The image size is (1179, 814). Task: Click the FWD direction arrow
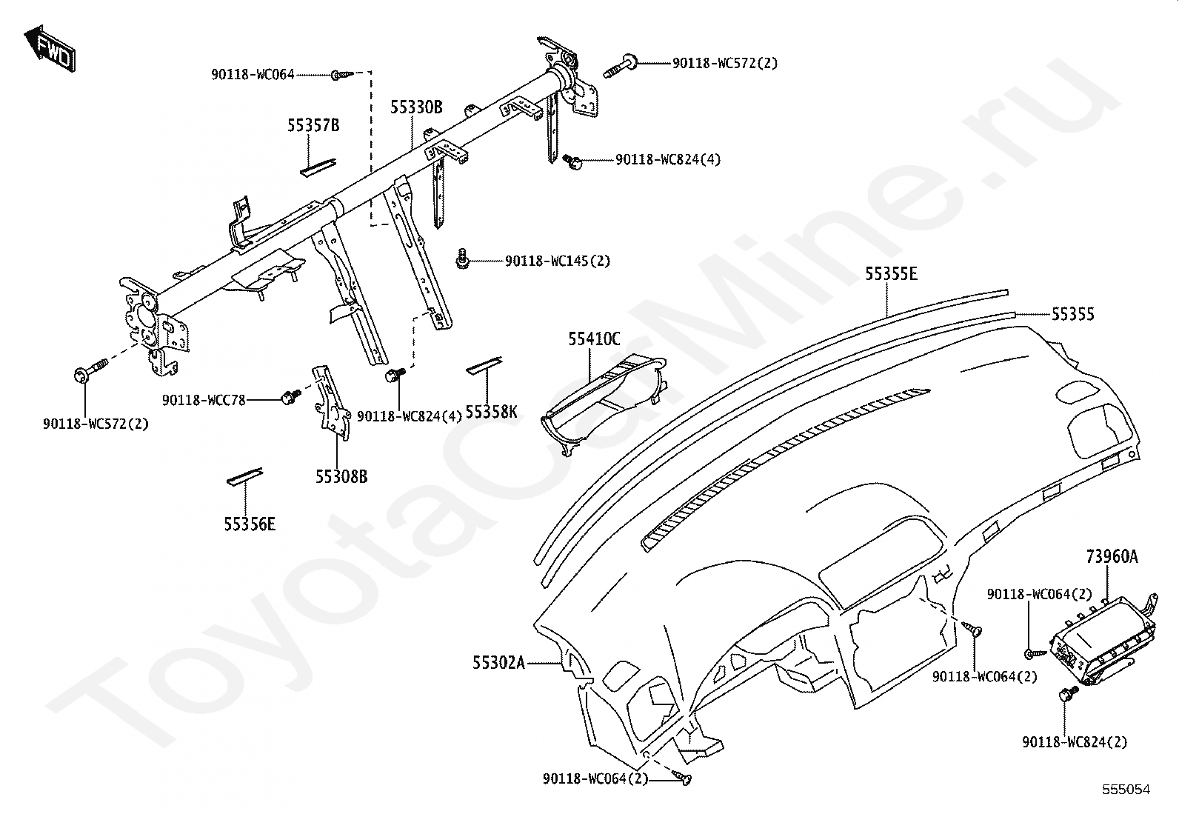pyautogui.click(x=50, y=51)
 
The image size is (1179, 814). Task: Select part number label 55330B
pyautogui.click(x=416, y=108)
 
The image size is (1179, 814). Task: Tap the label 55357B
pyautogui.click(x=313, y=126)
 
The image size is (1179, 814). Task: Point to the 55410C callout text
pyautogui.click(x=594, y=339)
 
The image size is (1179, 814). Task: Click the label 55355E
pyautogui.click(x=892, y=275)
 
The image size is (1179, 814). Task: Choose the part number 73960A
pyautogui.click(x=1112, y=556)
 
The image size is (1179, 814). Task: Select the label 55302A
pyautogui.click(x=498, y=663)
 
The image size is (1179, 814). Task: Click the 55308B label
pyautogui.click(x=341, y=477)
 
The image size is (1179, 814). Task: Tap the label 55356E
pyautogui.click(x=250, y=524)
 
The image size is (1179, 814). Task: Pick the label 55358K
pyautogui.click(x=492, y=411)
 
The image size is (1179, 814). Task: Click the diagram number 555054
pyautogui.click(x=1126, y=790)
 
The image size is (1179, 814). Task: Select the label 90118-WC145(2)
pyautogui.click(x=558, y=261)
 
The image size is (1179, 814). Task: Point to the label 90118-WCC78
pyautogui.click(x=204, y=400)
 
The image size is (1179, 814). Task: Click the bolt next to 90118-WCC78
pyautogui.click(x=289, y=398)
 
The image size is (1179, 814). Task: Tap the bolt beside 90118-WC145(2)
pyautogui.click(x=462, y=259)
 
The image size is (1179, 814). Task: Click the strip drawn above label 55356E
pyautogui.click(x=244, y=476)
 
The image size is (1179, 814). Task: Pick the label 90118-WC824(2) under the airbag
pyautogui.click(x=1075, y=742)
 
